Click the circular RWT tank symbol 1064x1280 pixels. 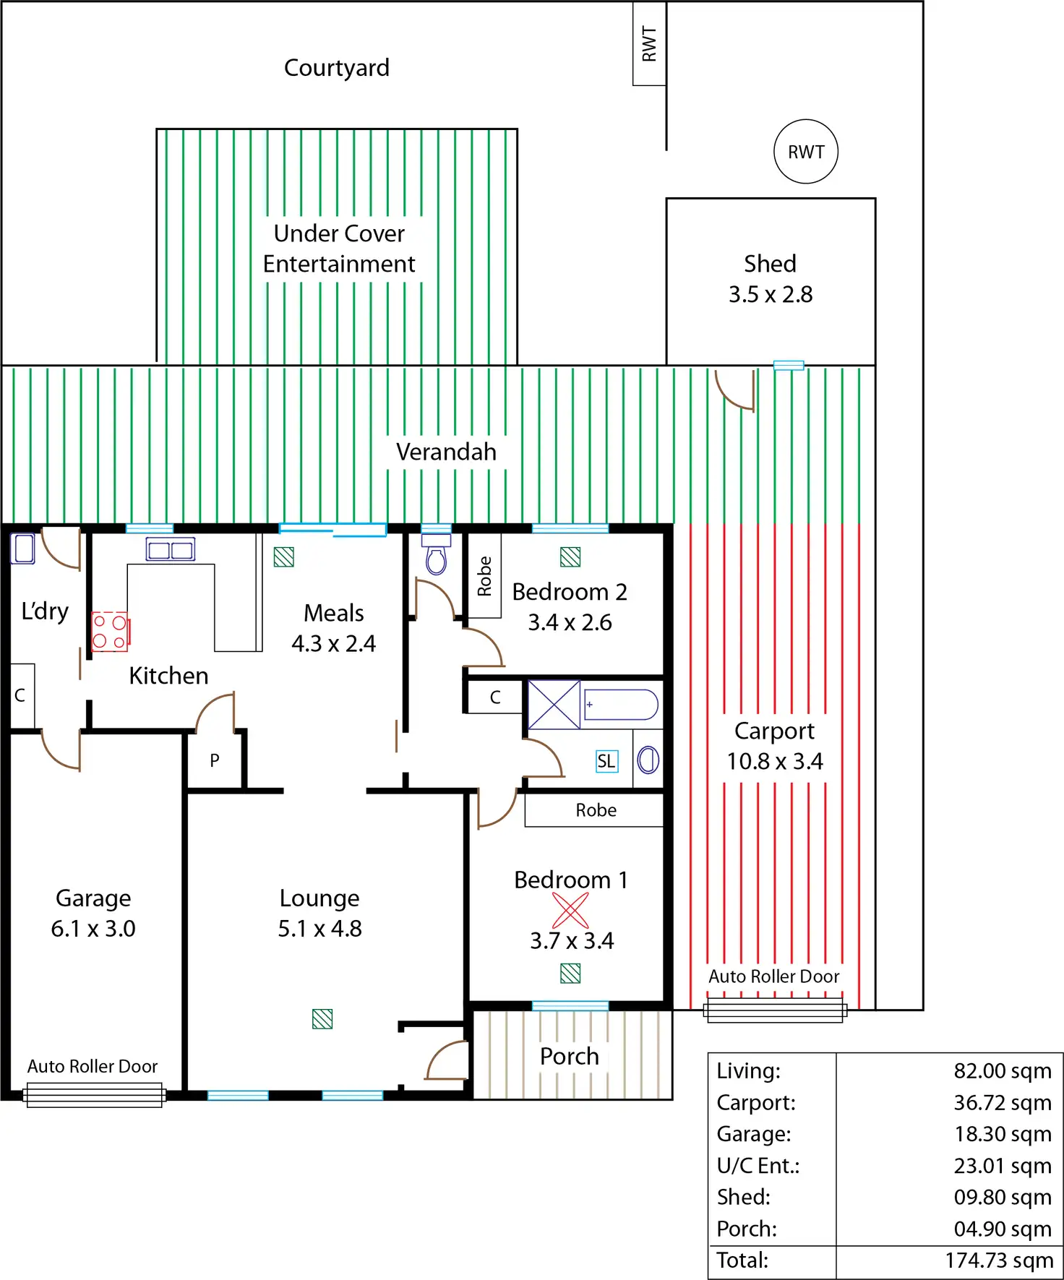806,152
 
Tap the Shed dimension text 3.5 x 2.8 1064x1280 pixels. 771,294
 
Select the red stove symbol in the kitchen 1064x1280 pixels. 110,632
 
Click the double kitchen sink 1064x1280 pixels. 171,550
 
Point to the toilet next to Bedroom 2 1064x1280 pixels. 436,555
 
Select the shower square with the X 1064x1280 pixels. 554,704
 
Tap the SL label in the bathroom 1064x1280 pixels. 606,761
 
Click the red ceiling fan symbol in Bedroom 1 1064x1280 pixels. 570,911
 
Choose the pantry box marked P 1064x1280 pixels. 215,760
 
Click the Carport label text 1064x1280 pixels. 774,731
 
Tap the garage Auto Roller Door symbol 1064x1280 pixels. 94,1095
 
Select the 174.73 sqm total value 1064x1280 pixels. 999,1260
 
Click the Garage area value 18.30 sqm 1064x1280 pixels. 1003,1134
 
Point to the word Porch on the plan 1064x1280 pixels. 570,1057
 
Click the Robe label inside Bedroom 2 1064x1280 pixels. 484,576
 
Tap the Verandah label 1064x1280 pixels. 446,452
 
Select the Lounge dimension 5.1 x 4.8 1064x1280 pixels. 319,929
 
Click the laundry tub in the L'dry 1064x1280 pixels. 23,548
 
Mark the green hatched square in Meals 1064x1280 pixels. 284,557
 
